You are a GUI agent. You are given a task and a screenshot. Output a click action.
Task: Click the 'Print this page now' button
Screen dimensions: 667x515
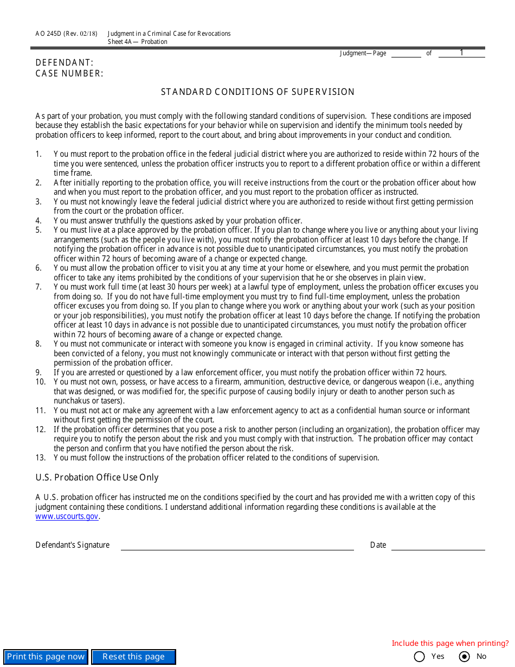(46, 657)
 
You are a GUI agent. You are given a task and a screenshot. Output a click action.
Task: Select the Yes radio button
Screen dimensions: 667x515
(419, 657)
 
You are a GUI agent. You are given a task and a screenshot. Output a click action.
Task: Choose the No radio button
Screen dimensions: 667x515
(464, 657)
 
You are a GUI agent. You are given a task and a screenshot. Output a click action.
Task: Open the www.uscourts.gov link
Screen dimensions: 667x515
(67, 516)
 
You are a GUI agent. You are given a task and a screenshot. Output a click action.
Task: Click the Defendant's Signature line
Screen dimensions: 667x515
(237, 545)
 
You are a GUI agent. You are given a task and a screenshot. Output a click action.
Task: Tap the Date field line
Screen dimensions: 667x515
(437, 545)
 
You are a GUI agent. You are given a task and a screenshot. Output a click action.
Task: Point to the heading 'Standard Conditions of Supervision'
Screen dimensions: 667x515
(257, 92)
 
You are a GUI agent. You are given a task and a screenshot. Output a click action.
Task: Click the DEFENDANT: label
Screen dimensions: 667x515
(65, 63)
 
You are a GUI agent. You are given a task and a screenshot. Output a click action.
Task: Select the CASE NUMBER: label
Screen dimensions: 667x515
(69, 74)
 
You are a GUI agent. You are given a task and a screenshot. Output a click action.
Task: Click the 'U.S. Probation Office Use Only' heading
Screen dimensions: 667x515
(97, 478)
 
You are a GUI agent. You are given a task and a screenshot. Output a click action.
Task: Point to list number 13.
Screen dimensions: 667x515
(40, 458)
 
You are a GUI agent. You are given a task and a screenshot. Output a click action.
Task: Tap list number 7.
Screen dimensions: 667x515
(38, 287)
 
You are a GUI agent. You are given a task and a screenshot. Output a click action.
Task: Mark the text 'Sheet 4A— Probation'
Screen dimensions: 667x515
(137, 42)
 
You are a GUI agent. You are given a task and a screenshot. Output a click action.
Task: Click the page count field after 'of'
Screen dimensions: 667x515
(461, 53)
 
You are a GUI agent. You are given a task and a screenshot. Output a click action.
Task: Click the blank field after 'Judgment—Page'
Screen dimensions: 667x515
(406, 53)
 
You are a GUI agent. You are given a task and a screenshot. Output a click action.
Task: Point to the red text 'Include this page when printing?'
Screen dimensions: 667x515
(450, 644)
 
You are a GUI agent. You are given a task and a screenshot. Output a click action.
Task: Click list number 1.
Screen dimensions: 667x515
(38, 154)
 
